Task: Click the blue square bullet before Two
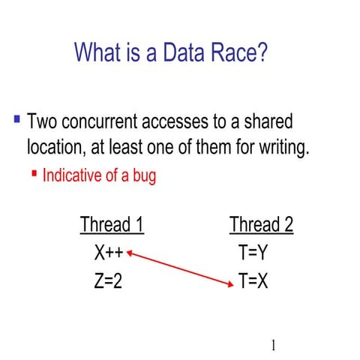coord(16,119)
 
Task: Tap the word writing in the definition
coord(280,148)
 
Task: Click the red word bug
coord(142,176)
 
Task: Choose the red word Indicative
coord(73,176)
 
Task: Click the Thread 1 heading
coord(112,224)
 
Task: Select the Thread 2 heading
coord(261,224)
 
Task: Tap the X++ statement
coord(108,253)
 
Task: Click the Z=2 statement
coord(108,281)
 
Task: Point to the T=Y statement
coord(253,253)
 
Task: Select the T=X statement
coord(253,281)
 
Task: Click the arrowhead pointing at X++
coord(129,253)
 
